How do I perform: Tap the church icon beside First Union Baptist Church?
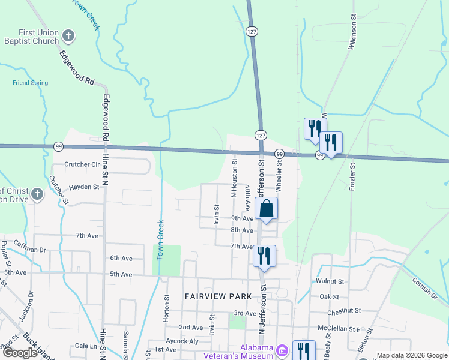[68, 37]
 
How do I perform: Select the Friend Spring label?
[30, 83]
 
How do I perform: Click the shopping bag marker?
[267, 209]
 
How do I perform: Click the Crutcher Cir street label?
[82, 164]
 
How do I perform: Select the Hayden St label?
[84, 187]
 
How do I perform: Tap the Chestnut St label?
[344, 311]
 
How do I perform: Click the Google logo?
[20, 353]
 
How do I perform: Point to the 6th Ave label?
[121, 258]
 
